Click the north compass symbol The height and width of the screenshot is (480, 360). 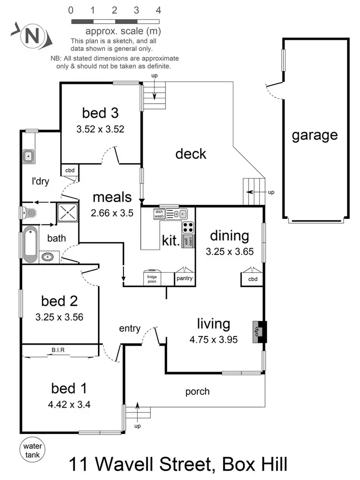pyautogui.click(x=31, y=36)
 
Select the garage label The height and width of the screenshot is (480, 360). pyautogui.click(x=314, y=135)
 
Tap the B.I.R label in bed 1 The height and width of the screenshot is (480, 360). pyautogui.click(x=59, y=350)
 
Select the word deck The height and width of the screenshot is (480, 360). pyautogui.click(x=191, y=154)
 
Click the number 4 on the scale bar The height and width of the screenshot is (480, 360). pyautogui.click(x=158, y=10)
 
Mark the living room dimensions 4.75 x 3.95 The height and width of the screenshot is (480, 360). pyautogui.click(x=214, y=339)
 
